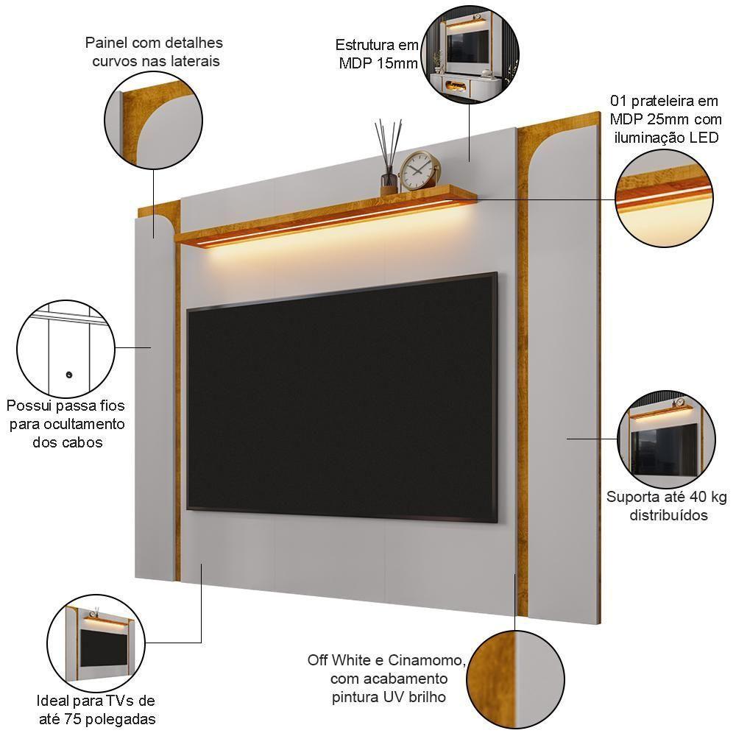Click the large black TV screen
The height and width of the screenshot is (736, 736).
click(x=342, y=397)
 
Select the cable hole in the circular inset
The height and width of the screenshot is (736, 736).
click(x=68, y=375)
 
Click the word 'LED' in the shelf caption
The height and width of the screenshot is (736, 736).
click(x=704, y=138)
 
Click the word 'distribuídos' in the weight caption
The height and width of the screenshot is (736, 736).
click(x=668, y=515)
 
